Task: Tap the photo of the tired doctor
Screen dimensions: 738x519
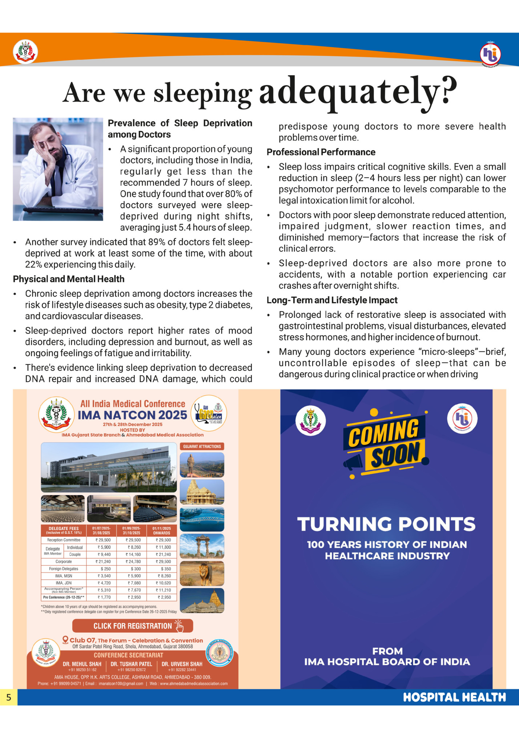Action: pos(58,169)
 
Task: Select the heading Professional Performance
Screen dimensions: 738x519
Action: pos(321,152)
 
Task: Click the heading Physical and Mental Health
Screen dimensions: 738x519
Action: pos(69,279)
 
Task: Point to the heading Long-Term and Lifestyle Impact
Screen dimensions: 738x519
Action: pos(332,300)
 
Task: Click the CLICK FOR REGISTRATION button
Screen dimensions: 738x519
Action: pos(133,626)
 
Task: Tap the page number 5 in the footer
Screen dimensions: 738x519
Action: pos(9,697)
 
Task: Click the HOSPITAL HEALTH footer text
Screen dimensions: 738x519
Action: pos(454,697)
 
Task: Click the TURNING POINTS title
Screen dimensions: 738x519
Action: pos(386,524)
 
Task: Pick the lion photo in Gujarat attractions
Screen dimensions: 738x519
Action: pos(202,574)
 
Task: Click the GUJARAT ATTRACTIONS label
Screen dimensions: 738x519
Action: pos(202,447)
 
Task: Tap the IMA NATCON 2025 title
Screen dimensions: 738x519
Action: pos(132,415)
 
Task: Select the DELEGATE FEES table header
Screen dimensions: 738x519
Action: pos(64,530)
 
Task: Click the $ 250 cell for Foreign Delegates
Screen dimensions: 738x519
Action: pos(101,569)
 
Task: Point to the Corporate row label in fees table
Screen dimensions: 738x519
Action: pos(64,562)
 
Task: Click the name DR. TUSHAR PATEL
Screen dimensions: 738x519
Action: pos(131,664)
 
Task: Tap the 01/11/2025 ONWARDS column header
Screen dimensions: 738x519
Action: pos(162,530)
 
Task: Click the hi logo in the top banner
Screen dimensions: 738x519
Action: pos(490,54)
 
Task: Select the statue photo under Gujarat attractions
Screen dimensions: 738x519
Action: pos(202,465)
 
